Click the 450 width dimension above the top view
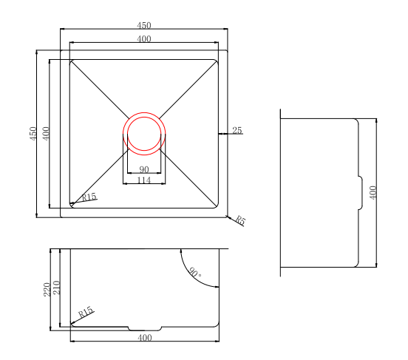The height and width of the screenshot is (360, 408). (x=144, y=26)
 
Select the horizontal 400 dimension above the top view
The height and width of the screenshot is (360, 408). (x=144, y=38)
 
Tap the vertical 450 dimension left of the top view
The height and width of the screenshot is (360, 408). (x=33, y=134)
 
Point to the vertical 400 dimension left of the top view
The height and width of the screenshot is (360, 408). (x=45, y=134)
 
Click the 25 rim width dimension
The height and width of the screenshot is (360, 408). (x=237, y=130)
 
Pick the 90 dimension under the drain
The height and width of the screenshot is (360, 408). (x=144, y=170)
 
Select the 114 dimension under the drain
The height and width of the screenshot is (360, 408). (x=144, y=180)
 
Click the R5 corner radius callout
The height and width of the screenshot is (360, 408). (x=240, y=220)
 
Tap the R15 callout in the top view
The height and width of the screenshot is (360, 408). (x=89, y=197)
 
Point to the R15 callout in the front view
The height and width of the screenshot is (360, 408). (x=86, y=313)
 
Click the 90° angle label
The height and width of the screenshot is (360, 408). (x=194, y=273)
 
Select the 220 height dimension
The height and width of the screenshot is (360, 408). (x=46, y=289)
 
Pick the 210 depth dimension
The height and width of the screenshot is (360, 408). (x=55, y=289)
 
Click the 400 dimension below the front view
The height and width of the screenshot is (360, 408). (x=144, y=338)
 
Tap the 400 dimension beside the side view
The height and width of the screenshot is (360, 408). (x=373, y=192)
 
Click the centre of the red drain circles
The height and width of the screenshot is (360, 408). (x=144, y=134)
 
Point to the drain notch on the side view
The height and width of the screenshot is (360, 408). (x=360, y=193)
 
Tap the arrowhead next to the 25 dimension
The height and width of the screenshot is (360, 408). (x=222, y=134)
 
